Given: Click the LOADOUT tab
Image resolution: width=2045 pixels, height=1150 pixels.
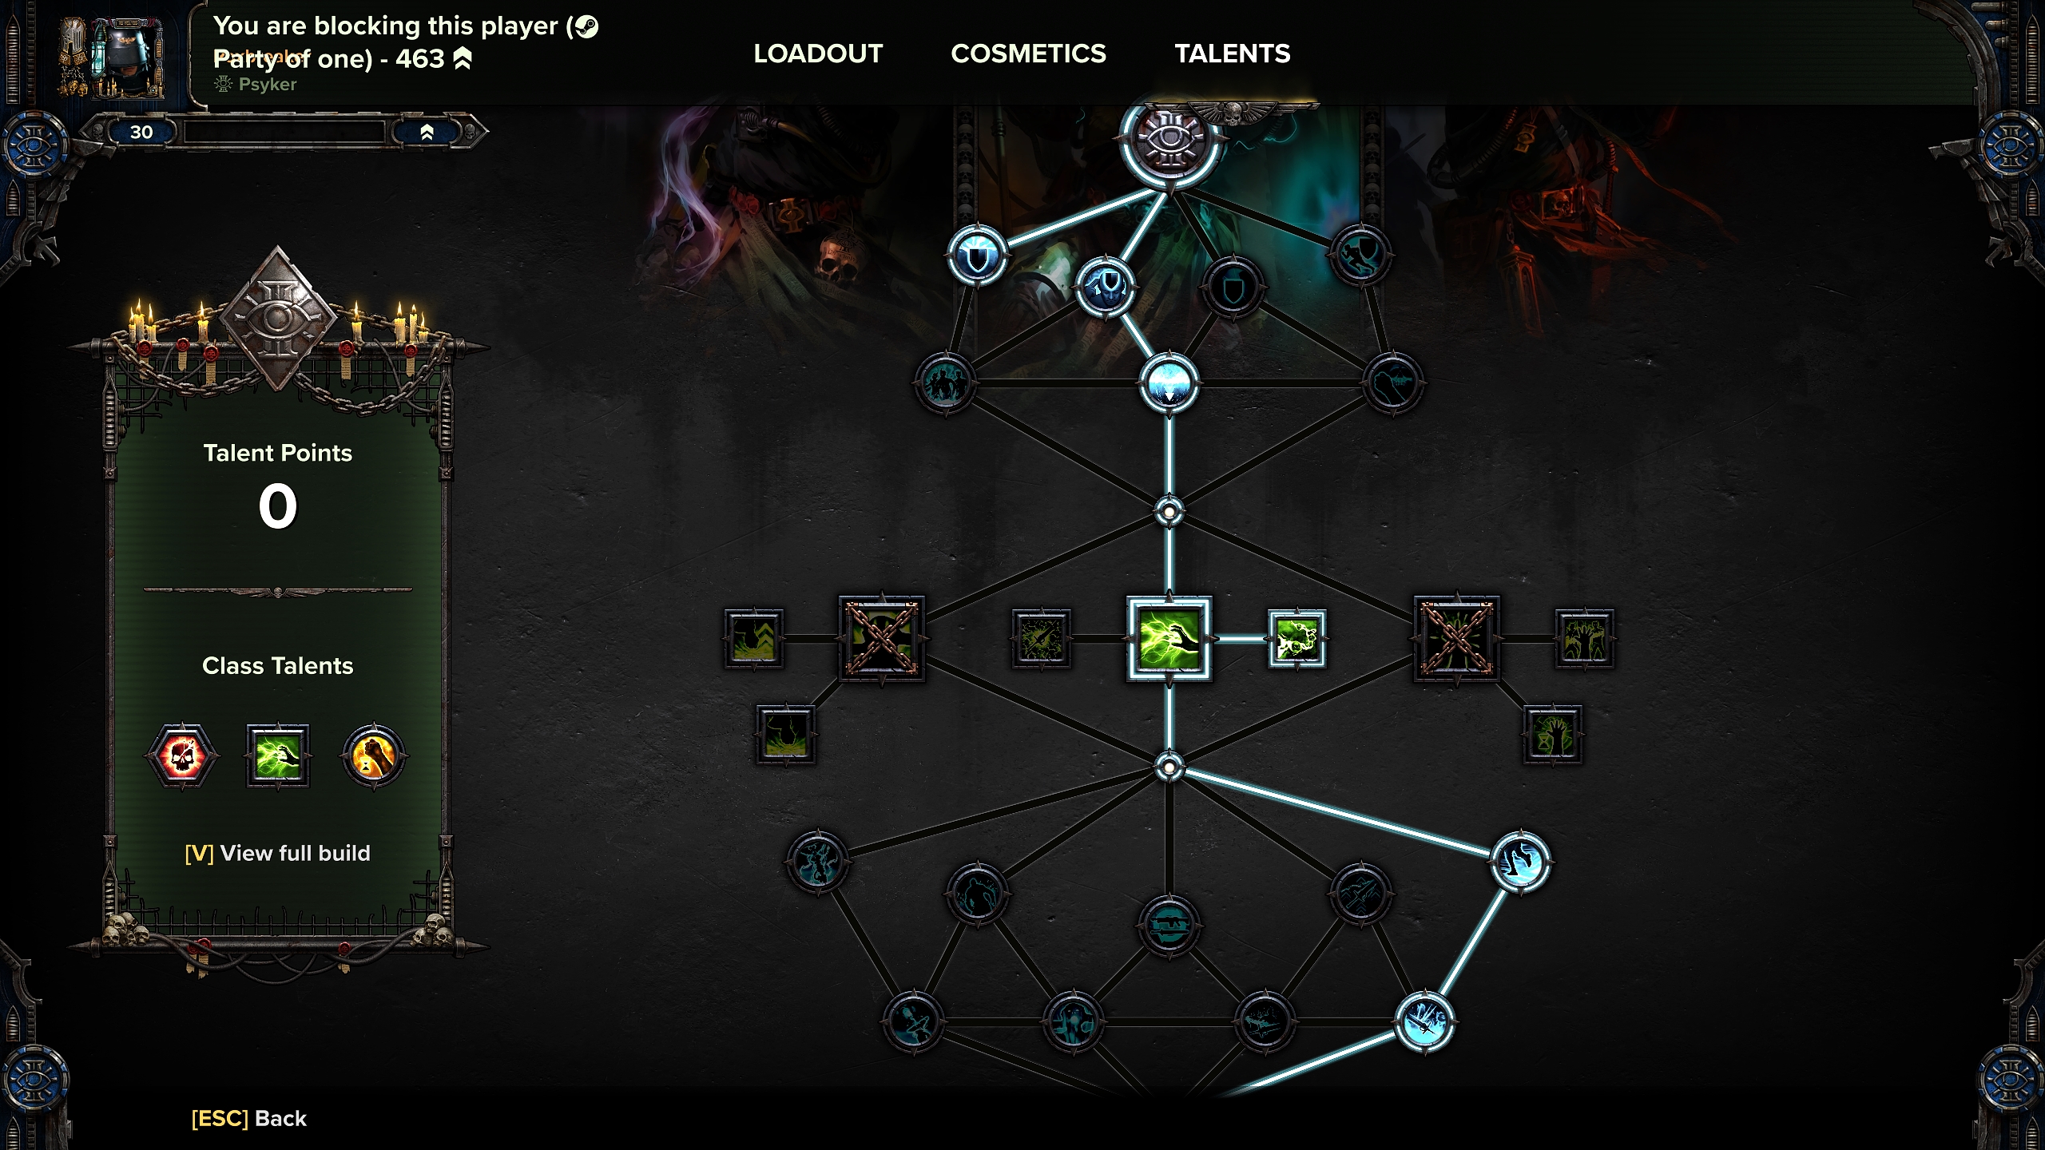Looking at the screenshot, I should point(818,54).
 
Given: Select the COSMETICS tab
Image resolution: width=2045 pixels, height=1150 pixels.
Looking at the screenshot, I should point(1028,54).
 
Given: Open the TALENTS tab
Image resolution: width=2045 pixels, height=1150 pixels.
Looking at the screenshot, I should point(1232,54).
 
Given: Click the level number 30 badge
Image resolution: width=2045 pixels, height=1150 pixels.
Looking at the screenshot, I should point(141,132).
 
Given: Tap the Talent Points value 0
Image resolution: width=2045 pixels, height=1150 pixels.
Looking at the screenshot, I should point(277,506).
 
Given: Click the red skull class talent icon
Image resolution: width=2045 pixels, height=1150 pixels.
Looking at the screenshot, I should point(182,755).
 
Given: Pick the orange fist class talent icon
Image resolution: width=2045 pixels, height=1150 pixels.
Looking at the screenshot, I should point(373,755).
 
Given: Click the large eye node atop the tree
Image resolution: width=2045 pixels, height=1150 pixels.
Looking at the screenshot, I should point(1169,140).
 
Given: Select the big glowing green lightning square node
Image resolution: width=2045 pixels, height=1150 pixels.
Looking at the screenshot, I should point(1169,638).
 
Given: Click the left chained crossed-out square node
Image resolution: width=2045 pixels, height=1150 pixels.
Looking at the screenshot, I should point(882,638).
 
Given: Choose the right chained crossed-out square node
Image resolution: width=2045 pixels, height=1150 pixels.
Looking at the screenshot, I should point(1456,638).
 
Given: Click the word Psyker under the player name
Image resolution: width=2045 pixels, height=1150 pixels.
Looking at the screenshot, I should point(267,84).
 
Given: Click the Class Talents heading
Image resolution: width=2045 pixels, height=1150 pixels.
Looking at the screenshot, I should point(277,665).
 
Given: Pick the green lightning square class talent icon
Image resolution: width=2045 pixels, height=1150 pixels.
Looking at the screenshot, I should point(277,755).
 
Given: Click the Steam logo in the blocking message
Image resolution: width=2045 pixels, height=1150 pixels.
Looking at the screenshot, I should point(586,26).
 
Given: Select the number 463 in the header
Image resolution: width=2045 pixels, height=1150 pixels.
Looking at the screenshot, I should point(419,58).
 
